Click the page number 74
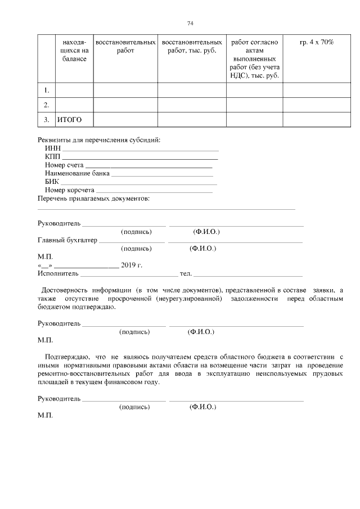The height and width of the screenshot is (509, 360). pos(190,23)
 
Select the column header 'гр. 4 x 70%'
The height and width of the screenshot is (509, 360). pos(317,43)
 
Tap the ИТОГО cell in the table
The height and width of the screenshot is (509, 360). pos(70,120)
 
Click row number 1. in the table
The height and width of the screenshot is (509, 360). pos(47,90)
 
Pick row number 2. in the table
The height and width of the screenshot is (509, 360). pos(47,105)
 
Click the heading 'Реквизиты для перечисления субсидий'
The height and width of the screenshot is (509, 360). pos(98,139)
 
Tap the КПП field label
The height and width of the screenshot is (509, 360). pos(52,157)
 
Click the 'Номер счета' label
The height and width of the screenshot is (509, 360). pos(64,165)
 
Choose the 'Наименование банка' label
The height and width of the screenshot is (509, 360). pos(77,174)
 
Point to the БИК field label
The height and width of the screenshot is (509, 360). pos(52,182)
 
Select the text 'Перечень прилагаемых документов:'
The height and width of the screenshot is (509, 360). pos(93,199)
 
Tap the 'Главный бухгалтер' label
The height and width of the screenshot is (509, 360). pos(67,240)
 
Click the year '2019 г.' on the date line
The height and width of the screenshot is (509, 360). pos(132,265)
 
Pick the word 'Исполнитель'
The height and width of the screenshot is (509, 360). pos(58,273)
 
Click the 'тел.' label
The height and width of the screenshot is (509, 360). pos(186,273)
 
